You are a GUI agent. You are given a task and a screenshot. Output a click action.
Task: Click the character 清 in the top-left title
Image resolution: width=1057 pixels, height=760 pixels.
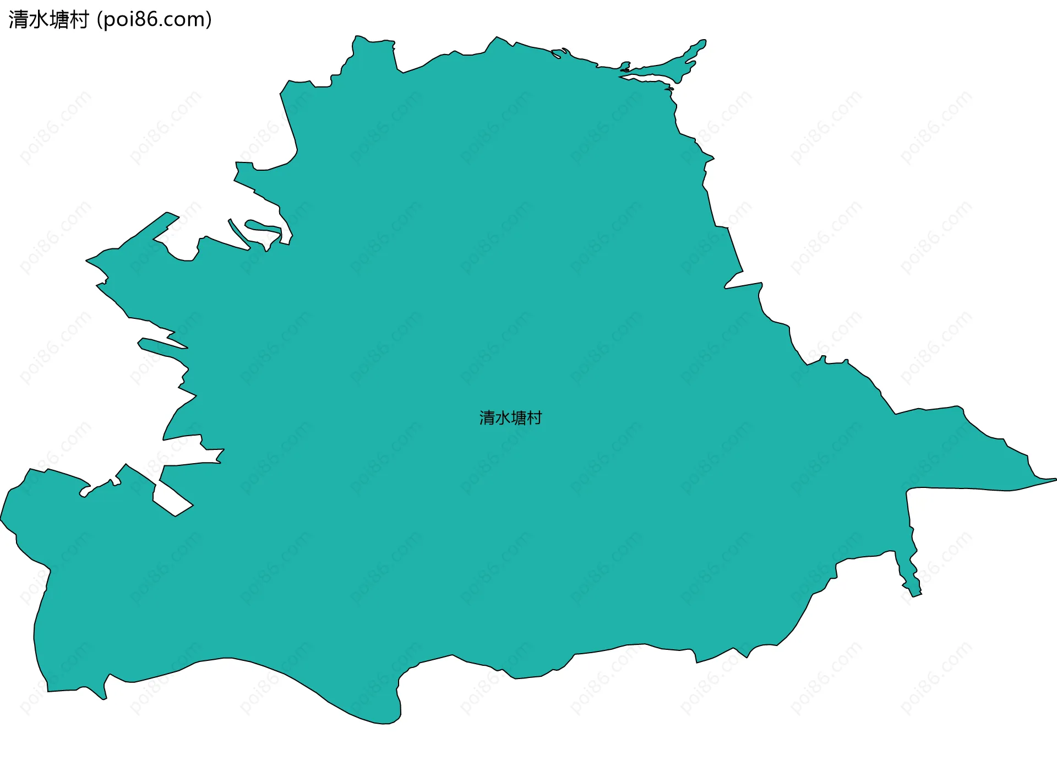point(19,20)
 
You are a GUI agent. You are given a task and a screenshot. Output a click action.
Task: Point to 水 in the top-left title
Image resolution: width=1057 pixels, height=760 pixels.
point(39,20)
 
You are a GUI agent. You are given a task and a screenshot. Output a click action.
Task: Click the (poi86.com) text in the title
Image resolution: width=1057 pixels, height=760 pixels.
point(154,20)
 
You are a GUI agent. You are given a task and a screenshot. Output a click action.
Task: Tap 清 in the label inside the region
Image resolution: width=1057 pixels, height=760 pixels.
point(487,418)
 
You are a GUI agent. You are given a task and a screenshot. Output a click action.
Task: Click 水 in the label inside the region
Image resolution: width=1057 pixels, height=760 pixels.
point(503,418)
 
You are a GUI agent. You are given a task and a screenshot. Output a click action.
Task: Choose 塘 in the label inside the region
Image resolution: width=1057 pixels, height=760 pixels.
point(519,418)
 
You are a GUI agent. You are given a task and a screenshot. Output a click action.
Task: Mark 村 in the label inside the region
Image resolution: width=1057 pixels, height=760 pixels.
point(534,418)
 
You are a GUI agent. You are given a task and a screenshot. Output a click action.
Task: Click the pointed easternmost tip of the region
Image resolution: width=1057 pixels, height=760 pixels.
point(1054,480)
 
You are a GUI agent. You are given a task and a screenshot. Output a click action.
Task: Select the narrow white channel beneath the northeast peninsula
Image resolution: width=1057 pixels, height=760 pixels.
point(650,76)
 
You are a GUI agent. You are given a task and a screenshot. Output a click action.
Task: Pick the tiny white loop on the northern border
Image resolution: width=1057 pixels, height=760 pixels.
point(557,54)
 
